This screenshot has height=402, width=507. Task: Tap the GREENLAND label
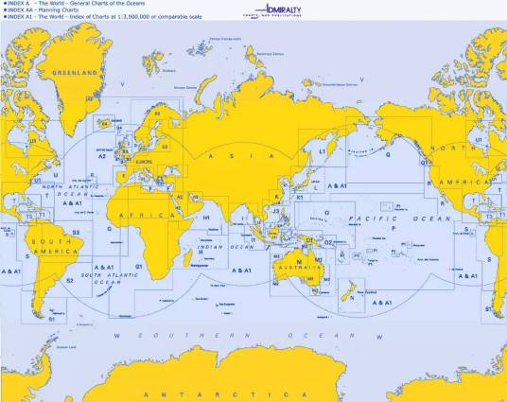point(75,73)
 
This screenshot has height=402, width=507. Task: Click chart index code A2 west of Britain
point(102,157)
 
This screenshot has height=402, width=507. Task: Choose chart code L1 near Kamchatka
point(322,151)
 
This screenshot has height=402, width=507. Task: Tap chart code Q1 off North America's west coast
point(426,161)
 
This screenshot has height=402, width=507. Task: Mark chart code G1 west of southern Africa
point(139,266)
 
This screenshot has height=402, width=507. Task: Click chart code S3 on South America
point(76,231)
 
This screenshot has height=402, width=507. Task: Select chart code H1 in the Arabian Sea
point(206,218)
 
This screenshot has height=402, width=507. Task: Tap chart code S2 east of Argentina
point(69,280)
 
